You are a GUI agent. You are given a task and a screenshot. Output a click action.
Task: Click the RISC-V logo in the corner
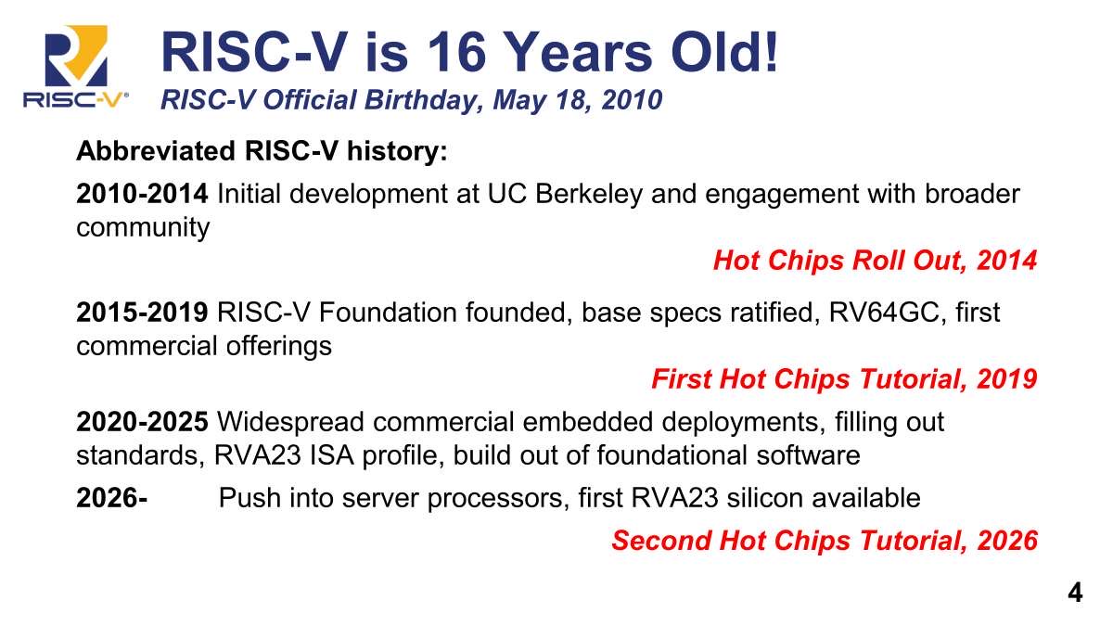[x=75, y=66]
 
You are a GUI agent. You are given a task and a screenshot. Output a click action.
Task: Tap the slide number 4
[x=1075, y=593]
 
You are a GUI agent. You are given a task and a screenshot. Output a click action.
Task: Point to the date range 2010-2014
[x=142, y=193]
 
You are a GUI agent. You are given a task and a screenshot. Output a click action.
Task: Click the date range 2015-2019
[x=142, y=312]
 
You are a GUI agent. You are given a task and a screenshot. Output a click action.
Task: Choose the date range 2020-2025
[x=142, y=421]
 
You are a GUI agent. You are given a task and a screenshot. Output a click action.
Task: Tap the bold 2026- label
[x=112, y=497]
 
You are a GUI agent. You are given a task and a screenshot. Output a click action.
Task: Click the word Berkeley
[x=589, y=194]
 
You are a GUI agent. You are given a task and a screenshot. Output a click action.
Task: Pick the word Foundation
[x=387, y=313]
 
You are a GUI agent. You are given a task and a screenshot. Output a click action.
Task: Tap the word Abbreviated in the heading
[x=156, y=150]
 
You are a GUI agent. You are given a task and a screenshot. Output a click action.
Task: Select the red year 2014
[x=1006, y=261]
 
